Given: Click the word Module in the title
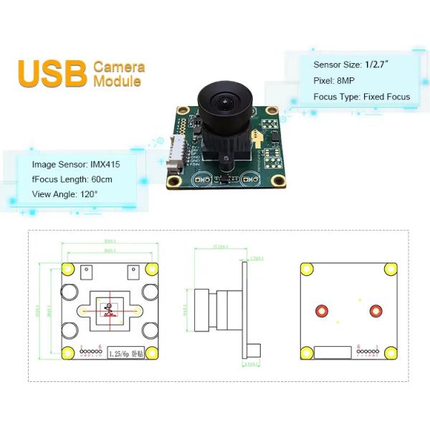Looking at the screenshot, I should [117, 81].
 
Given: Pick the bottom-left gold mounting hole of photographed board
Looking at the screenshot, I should [173, 182].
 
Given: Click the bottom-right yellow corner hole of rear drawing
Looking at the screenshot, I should [391, 353].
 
